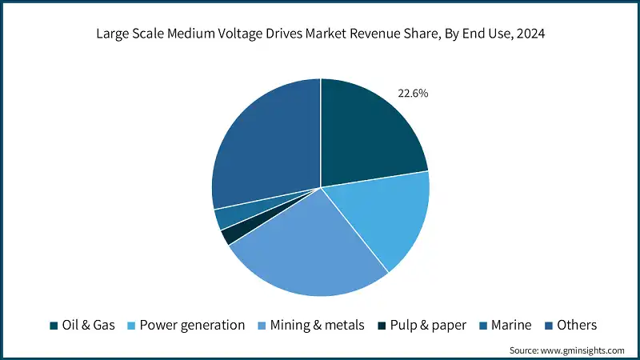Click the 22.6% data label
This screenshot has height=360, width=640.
(413, 94)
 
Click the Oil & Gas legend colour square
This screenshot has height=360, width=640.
(54, 326)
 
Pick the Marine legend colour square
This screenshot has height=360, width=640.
(485, 326)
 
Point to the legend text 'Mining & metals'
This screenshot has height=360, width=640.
(318, 326)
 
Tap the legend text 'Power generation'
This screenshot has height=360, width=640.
(192, 326)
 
